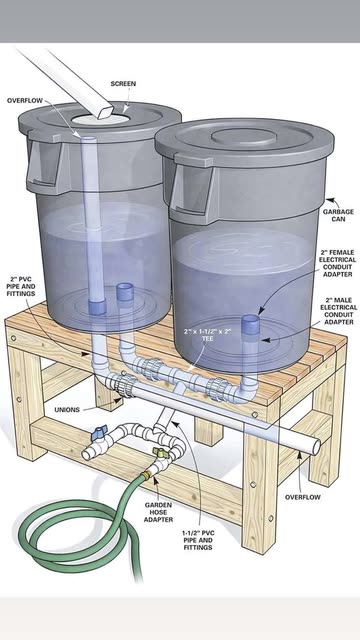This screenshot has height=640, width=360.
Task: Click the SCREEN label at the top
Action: [x=123, y=84]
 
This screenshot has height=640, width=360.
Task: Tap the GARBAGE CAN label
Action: [x=333, y=216]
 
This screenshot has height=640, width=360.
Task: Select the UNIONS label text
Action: [x=67, y=409]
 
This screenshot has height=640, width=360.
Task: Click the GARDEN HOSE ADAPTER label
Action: [x=158, y=512]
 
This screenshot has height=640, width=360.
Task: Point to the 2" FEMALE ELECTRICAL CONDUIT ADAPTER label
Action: [x=337, y=263]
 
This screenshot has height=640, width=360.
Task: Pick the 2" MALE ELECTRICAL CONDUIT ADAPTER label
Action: [x=339, y=311]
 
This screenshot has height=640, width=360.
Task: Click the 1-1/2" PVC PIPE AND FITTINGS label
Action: [x=198, y=540]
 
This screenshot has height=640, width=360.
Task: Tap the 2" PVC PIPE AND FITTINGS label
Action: [x=20, y=286]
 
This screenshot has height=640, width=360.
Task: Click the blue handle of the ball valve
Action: [x=98, y=432]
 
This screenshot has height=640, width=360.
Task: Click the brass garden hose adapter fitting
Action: [x=147, y=475]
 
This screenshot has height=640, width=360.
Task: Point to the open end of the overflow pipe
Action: [x=316, y=447]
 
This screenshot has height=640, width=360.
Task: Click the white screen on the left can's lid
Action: [x=101, y=118]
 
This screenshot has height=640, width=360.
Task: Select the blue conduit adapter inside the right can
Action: [x=251, y=325]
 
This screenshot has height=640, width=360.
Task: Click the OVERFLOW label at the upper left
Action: [x=24, y=100]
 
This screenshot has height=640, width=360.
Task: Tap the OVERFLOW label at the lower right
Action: [x=302, y=497]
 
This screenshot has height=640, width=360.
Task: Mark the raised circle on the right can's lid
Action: [x=244, y=136]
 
